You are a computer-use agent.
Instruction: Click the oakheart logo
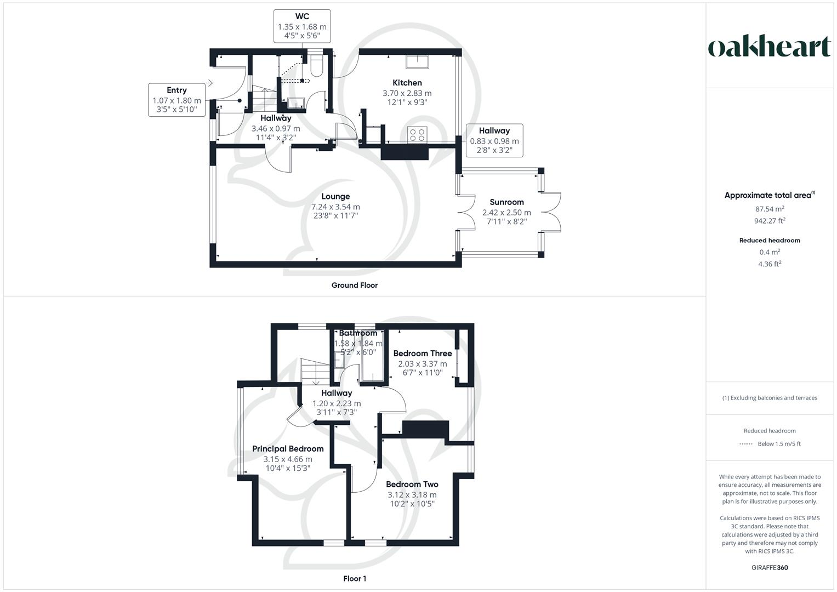click(x=769, y=47)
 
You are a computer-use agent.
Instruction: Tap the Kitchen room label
click(x=407, y=83)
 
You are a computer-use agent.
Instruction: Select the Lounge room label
click(x=335, y=196)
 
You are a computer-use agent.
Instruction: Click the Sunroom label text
click(x=506, y=202)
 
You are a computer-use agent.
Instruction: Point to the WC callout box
click(x=302, y=26)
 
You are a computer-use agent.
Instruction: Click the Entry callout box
click(x=176, y=100)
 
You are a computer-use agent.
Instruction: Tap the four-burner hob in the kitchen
click(x=418, y=134)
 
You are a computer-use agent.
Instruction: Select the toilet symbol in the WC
click(x=316, y=65)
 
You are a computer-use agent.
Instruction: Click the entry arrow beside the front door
click(x=209, y=83)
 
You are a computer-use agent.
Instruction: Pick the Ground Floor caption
click(x=354, y=285)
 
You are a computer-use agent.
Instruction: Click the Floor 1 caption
click(x=355, y=579)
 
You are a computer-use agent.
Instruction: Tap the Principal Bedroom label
click(x=288, y=449)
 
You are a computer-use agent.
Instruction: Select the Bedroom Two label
click(x=412, y=485)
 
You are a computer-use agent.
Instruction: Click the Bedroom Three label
click(x=422, y=354)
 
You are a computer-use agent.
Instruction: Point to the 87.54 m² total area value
click(x=769, y=209)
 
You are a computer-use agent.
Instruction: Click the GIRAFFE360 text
click(x=770, y=568)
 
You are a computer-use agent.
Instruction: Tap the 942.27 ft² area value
click(x=769, y=221)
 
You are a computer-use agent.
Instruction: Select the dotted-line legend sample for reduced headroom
click(x=745, y=444)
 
